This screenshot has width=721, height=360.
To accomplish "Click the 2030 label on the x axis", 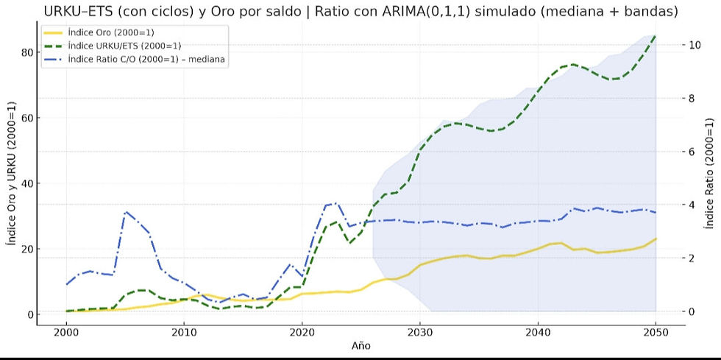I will point(419,333).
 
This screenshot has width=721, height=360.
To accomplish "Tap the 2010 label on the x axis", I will point(184,333).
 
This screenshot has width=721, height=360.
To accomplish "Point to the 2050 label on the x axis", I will point(656,333).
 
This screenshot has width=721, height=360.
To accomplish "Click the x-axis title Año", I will point(360,345).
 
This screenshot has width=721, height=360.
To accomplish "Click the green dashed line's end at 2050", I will point(656,35).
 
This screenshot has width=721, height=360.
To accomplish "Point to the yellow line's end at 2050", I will point(656,239).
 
